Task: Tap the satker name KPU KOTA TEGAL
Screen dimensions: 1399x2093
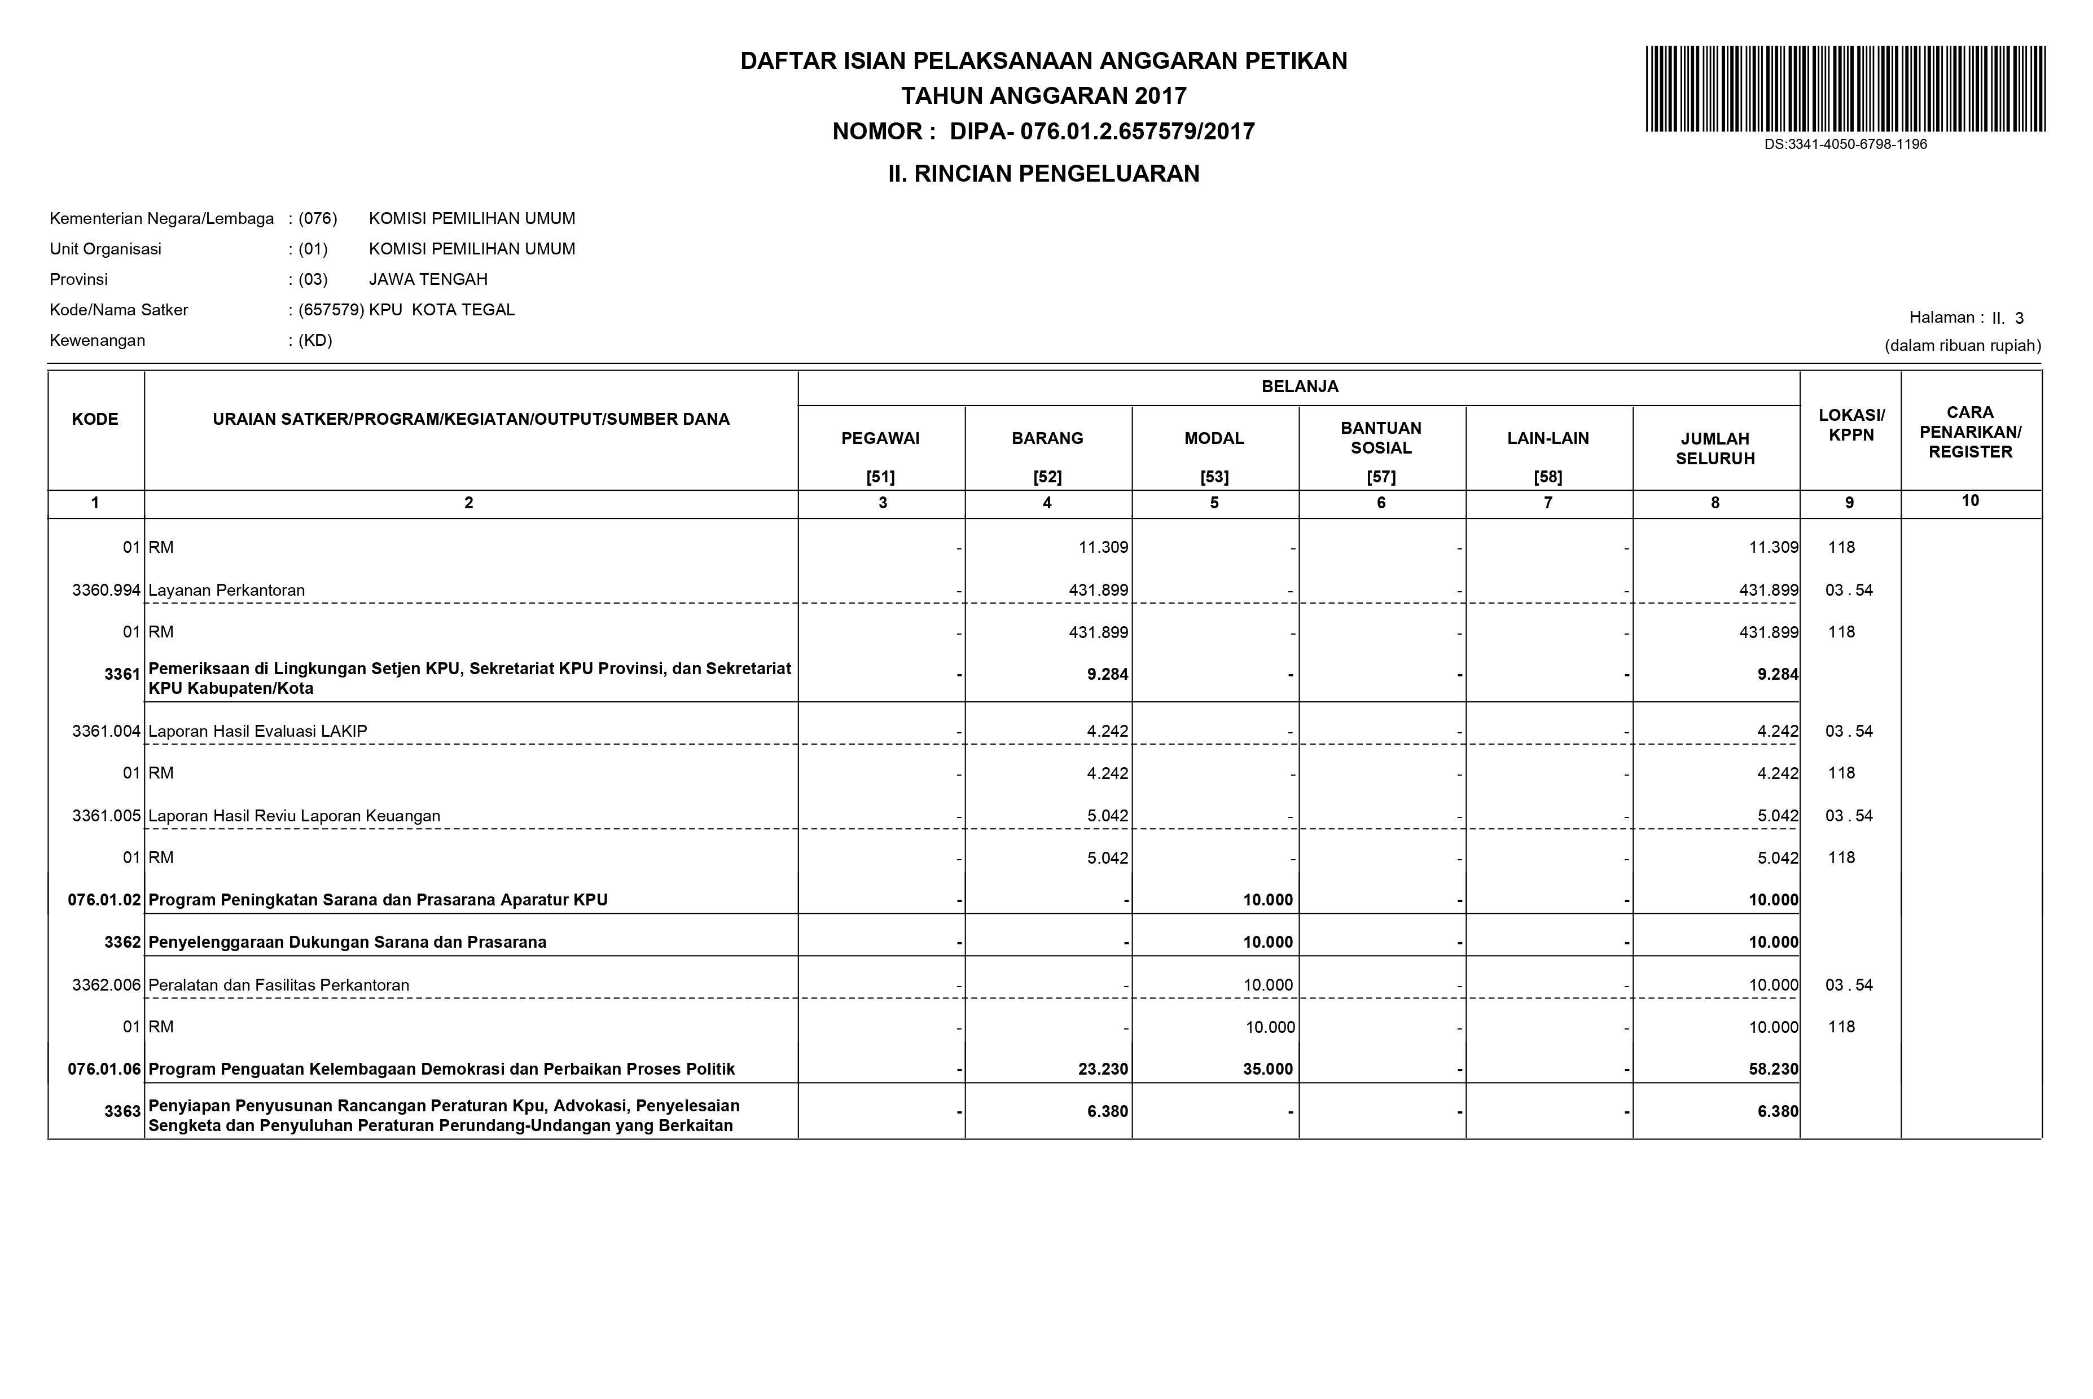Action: (442, 310)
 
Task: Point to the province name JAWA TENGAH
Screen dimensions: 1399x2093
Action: (428, 279)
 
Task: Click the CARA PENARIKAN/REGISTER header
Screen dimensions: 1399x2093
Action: (1970, 432)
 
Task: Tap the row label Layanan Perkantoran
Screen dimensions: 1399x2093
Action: (227, 591)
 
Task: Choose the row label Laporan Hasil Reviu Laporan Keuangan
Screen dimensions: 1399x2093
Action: (295, 816)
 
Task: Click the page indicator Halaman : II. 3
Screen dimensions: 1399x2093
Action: (1965, 318)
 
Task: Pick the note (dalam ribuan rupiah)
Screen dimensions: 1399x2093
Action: (1962, 346)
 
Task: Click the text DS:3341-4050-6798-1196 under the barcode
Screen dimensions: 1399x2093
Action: (1845, 144)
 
